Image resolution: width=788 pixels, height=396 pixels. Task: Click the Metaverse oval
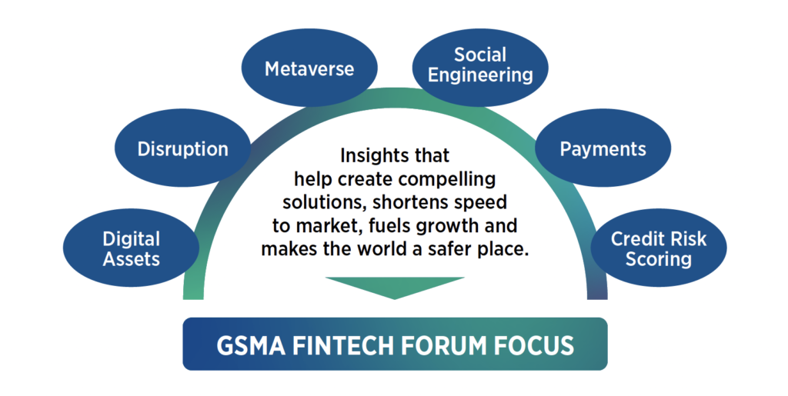[309, 68]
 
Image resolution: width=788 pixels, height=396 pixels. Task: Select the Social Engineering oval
[481, 65]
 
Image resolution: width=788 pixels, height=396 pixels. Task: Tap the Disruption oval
[183, 148]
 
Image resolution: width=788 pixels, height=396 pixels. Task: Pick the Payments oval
[603, 148]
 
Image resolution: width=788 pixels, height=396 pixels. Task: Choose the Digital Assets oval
[131, 248]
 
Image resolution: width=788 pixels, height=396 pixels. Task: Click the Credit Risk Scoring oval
[658, 248]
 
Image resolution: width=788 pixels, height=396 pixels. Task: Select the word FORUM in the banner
[445, 345]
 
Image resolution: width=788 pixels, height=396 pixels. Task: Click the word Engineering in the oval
[481, 75]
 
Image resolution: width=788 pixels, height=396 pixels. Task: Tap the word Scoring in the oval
[658, 259]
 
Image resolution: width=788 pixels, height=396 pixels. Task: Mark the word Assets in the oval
[131, 259]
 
